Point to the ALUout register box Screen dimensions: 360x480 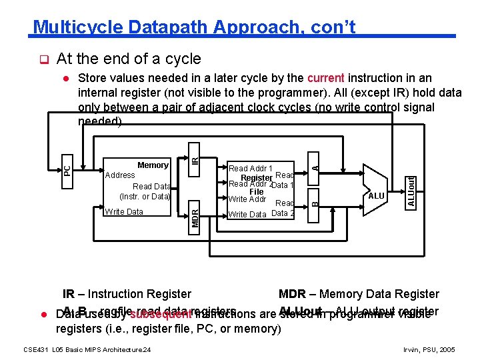click(412, 190)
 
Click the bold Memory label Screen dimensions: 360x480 click(153, 165)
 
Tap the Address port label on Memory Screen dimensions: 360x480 click(120, 175)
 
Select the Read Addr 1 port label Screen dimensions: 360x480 click(250, 169)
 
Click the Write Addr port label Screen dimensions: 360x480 click(247, 199)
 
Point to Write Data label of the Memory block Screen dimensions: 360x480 click(124, 212)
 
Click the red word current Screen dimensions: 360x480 click(326, 78)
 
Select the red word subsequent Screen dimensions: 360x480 click(161, 315)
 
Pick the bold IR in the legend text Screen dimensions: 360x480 click(68, 294)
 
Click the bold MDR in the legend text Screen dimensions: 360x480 click(292, 294)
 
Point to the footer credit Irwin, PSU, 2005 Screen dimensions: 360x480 click(430, 349)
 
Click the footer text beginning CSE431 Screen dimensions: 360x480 click(87, 349)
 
